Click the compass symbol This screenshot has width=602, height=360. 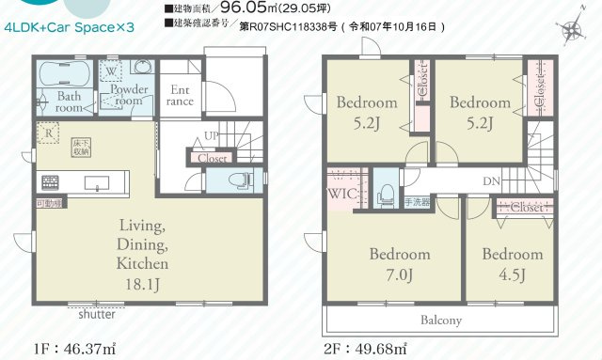[x=571, y=33]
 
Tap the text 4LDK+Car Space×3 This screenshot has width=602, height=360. [x=70, y=28]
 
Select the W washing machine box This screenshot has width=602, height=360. [x=112, y=70]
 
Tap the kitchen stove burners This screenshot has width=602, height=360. [x=50, y=180]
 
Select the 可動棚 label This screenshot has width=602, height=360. [x=49, y=202]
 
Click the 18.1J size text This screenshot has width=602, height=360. [x=142, y=283]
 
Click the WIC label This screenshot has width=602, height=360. [x=340, y=193]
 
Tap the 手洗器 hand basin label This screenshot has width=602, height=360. [x=416, y=201]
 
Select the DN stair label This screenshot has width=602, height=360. [x=491, y=181]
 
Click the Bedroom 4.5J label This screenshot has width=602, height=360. [x=512, y=264]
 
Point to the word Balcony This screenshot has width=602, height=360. [x=440, y=320]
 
